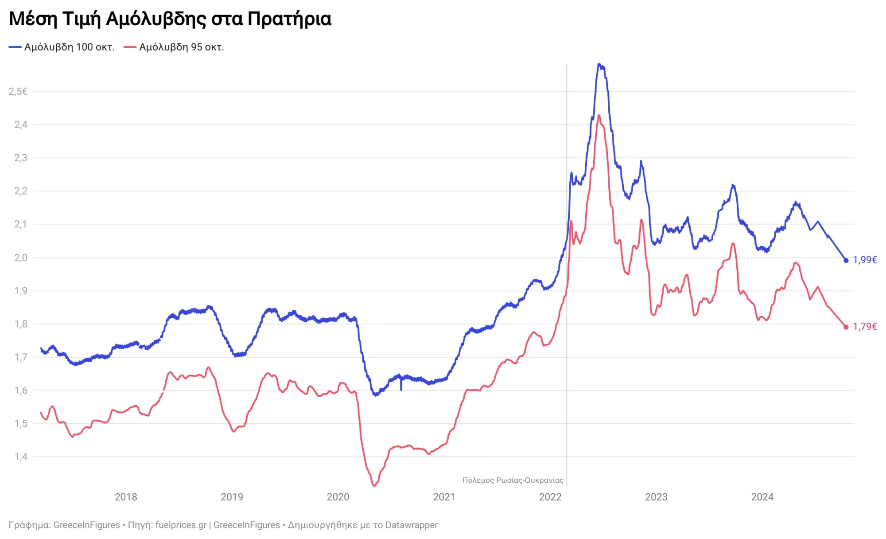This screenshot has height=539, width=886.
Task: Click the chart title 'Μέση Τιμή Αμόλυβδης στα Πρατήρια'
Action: coord(170,19)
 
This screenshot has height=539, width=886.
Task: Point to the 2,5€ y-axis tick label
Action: coord(18,92)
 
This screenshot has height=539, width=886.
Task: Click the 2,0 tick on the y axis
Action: coord(20,258)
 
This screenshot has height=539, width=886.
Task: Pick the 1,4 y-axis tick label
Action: coord(20,457)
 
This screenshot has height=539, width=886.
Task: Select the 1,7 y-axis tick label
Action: coord(20,357)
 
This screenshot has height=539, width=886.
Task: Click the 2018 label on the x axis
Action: coord(126,497)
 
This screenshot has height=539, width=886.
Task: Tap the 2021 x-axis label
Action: coord(444,497)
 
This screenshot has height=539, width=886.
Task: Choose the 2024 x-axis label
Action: coord(762,497)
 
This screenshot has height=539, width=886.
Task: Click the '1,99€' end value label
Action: coord(865,260)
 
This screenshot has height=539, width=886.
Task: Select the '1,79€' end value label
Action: coord(865,327)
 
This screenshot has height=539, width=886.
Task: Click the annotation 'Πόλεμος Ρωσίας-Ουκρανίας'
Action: coord(513,480)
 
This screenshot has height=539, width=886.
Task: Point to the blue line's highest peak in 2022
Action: coord(599,64)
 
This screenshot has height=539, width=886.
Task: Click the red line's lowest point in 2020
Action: coord(374,486)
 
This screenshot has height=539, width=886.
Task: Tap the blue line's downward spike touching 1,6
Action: coord(401,389)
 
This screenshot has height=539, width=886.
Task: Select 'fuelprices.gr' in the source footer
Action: coord(181,525)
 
